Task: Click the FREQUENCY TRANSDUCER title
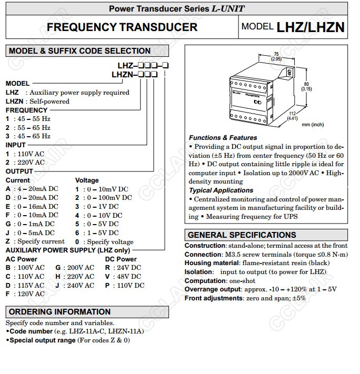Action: tap(122, 27)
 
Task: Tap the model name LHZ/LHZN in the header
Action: tap(311, 27)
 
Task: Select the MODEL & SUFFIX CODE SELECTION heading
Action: tap(80, 51)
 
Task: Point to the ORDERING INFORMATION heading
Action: tap(60, 311)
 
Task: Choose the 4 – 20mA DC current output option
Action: tap(32, 189)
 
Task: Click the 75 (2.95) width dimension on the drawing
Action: tap(276, 57)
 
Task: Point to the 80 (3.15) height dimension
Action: tap(306, 86)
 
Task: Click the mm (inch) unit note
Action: tap(313, 125)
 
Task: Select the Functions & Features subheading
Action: tap(223, 138)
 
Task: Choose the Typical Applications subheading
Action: tap(221, 190)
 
